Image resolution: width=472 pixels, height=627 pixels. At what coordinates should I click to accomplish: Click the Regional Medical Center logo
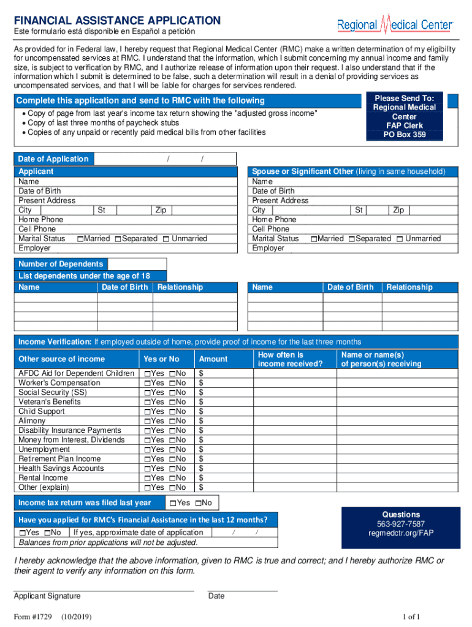[x=395, y=24]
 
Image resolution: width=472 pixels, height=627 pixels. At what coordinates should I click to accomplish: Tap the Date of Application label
[x=53, y=159]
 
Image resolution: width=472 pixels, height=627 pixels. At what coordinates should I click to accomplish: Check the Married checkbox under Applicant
[x=80, y=239]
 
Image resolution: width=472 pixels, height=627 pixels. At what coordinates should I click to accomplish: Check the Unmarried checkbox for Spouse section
[x=400, y=239]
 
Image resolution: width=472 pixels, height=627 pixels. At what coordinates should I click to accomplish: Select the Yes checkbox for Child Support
[x=147, y=412]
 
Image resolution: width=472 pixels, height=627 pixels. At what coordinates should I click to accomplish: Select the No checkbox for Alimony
[x=172, y=421]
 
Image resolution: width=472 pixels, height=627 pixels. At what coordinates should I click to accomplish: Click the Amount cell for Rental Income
[x=222, y=478]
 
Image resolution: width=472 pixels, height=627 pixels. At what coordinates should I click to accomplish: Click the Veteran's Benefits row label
[x=50, y=402]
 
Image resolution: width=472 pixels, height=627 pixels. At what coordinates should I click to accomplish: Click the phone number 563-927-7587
[x=401, y=524]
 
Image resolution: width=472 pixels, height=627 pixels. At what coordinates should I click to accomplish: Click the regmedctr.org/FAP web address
[x=401, y=533]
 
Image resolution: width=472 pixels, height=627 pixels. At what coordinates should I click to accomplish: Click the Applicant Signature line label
[x=47, y=596]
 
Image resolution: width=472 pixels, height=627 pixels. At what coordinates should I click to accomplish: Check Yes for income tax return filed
[x=173, y=503]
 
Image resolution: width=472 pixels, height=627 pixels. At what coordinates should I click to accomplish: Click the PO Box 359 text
[x=405, y=135]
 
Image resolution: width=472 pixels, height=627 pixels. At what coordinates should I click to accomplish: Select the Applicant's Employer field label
[x=35, y=249]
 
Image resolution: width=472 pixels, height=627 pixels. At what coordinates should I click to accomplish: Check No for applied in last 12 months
[x=47, y=533]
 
